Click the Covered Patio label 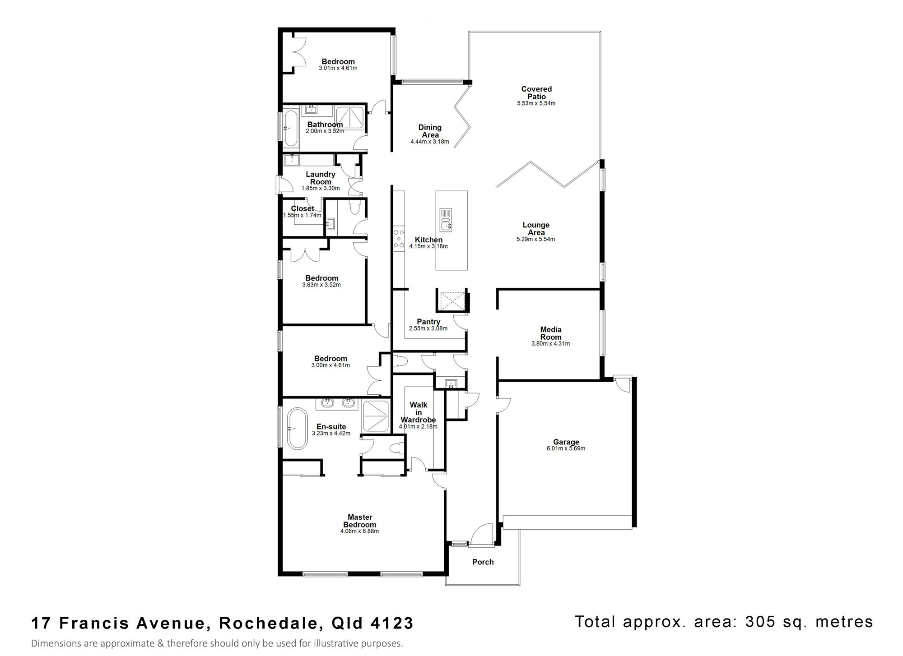click(x=536, y=93)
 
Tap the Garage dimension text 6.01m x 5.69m click(x=566, y=448)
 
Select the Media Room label click(x=551, y=333)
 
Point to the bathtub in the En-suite click(x=297, y=429)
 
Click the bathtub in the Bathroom click(x=290, y=128)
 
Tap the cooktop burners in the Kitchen click(x=399, y=239)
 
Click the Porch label click(x=483, y=562)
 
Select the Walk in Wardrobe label click(x=418, y=412)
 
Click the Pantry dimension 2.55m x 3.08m click(x=428, y=328)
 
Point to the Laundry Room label click(x=321, y=178)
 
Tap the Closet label click(x=303, y=208)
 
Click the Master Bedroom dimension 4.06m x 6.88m click(x=359, y=531)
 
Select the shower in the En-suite click(x=375, y=416)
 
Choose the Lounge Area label click(x=536, y=229)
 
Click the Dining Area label click(x=430, y=131)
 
